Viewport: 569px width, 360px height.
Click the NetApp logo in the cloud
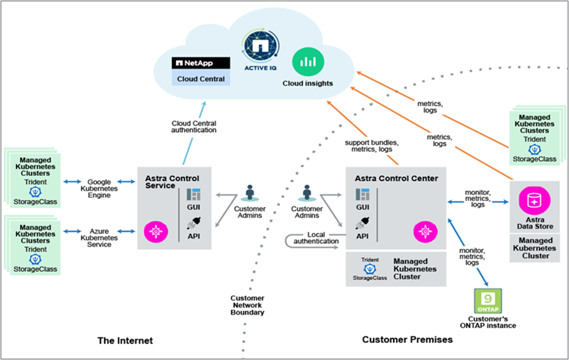(x=193, y=63)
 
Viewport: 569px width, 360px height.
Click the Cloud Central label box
(x=201, y=79)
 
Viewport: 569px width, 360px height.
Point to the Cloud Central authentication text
(x=194, y=126)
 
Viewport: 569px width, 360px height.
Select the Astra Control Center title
(x=396, y=178)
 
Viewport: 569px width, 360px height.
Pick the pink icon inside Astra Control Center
(x=425, y=231)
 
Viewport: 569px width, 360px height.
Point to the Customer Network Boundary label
(x=247, y=305)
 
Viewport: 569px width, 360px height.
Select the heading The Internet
(x=125, y=340)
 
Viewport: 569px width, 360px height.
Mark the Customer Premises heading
(x=407, y=339)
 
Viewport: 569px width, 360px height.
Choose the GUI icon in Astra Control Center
(x=362, y=195)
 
